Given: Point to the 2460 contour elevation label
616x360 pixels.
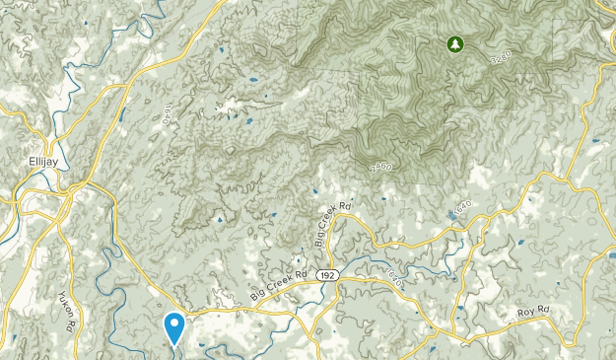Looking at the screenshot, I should tap(380, 168).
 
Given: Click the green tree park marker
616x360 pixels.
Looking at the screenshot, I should tap(454, 43).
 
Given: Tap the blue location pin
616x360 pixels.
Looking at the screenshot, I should tap(174, 326).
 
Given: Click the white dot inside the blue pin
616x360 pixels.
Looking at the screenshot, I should tap(174, 322).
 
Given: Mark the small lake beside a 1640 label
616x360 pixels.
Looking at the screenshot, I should tap(451, 213).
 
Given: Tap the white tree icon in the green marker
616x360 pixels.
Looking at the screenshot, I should tap(454, 43).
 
